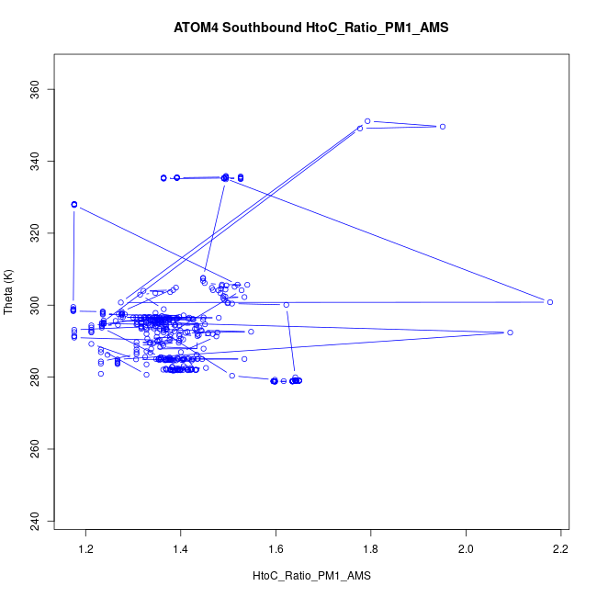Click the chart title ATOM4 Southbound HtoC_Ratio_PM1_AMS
(310, 28)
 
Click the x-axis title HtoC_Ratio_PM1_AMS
(310, 576)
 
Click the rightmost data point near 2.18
(550, 301)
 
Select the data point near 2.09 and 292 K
(510, 332)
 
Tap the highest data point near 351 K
(367, 121)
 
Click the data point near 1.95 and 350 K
(443, 127)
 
